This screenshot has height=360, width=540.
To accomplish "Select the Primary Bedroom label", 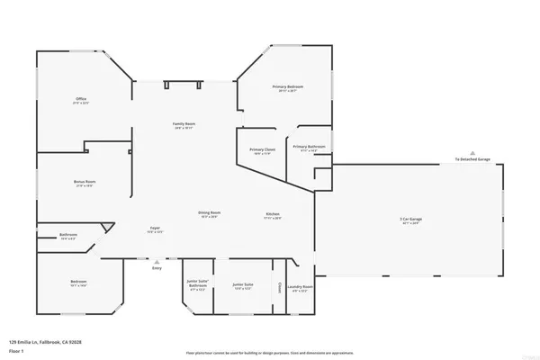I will (x=288, y=86).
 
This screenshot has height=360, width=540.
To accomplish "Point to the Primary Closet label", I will (x=263, y=149).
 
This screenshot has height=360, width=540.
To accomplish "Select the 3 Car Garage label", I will (x=411, y=220).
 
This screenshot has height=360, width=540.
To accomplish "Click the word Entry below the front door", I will (x=157, y=268).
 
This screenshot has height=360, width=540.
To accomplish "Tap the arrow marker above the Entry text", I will (x=157, y=261).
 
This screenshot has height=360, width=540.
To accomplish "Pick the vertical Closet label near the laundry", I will (x=280, y=288).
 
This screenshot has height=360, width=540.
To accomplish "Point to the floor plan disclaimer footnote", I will (x=269, y=352).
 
